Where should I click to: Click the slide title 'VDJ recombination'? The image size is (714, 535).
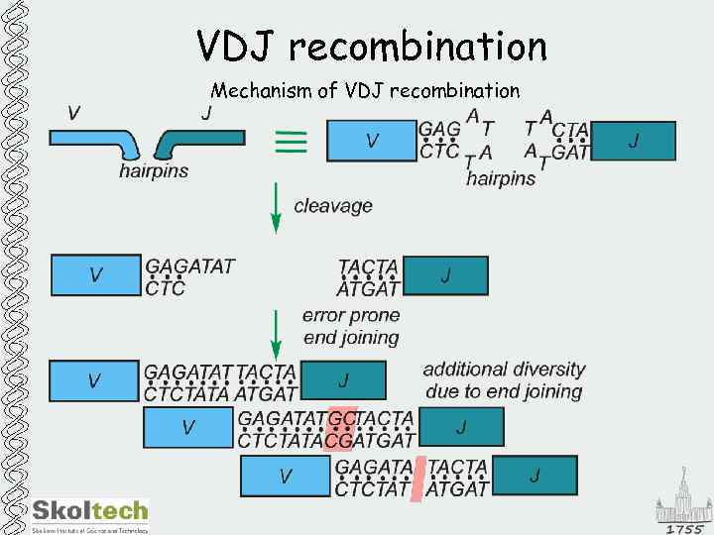pyautogui.click(x=372, y=46)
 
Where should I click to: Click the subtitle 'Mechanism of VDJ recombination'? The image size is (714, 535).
pyautogui.click(x=365, y=91)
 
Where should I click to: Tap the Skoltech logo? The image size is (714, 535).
pyautogui.click(x=90, y=514)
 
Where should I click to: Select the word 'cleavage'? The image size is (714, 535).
pyautogui.click(x=333, y=206)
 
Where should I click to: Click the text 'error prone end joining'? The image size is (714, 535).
pyautogui.click(x=351, y=326)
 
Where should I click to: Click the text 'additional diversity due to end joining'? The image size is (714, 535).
pyautogui.click(x=504, y=379)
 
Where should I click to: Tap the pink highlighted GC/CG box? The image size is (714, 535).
pyautogui.click(x=340, y=428)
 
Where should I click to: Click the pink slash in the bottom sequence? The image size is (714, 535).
pyautogui.click(x=418, y=477)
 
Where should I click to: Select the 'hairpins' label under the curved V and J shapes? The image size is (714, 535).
pyautogui.click(x=154, y=170)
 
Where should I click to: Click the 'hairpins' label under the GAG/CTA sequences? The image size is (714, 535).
pyautogui.click(x=501, y=178)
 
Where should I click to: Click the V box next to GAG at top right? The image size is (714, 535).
pyautogui.click(x=370, y=141)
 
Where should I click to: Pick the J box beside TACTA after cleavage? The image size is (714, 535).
pyautogui.click(x=444, y=276)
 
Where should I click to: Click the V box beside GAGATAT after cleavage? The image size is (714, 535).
pyautogui.click(x=95, y=275)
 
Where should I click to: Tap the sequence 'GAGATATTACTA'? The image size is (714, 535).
pyautogui.click(x=220, y=373)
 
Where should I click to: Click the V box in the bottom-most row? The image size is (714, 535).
pyautogui.click(x=286, y=477)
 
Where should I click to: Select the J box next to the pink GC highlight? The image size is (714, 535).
pyautogui.click(x=461, y=427)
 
